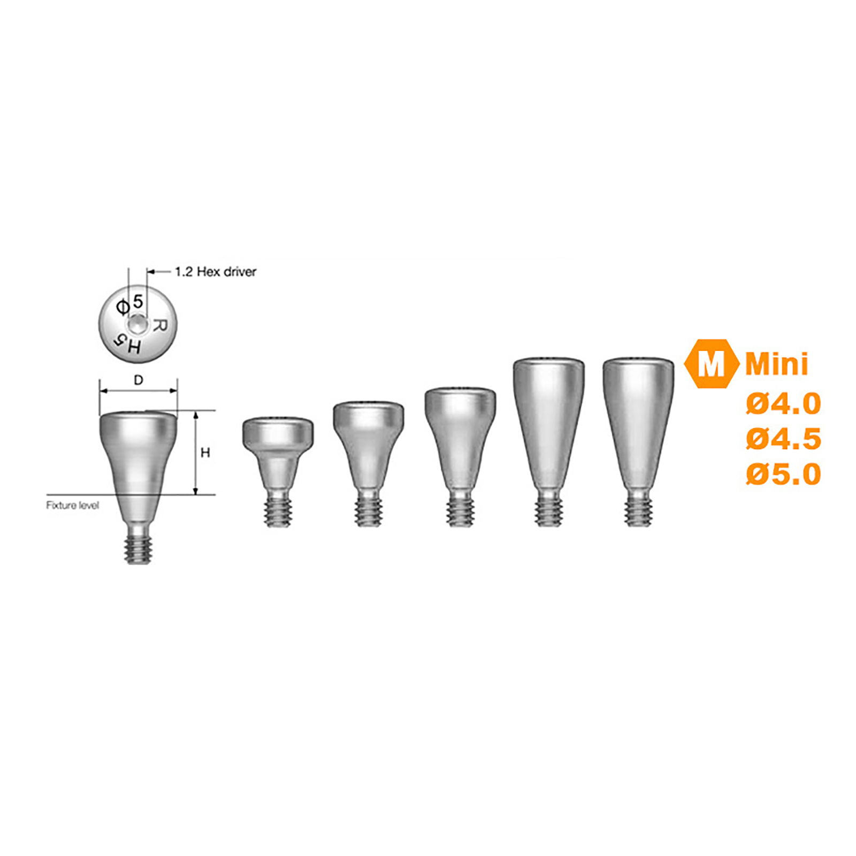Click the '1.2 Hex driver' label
click(x=216, y=272)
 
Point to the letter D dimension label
click(x=139, y=380)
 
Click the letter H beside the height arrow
click(x=205, y=453)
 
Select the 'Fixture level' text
click(x=73, y=505)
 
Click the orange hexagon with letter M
click(x=712, y=363)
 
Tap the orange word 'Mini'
click(x=777, y=364)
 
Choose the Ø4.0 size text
click(x=783, y=403)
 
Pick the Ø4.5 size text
click(x=783, y=439)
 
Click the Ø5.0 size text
click(x=783, y=474)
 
